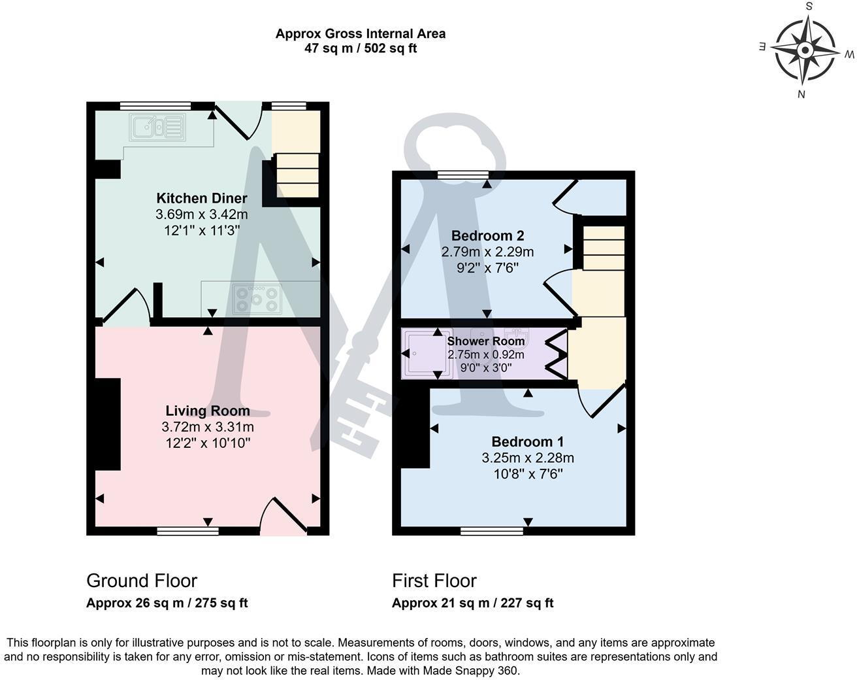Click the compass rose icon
tap(805, 50)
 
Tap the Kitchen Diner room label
tap(201, 198)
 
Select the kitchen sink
tap(157, 127)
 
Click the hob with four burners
tap(257, 298)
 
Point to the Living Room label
tap(207, 411)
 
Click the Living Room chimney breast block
tap(108, 424)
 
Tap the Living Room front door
tap(284, 517)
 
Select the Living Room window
tap(187, 531)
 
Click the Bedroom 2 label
tap(487, 235)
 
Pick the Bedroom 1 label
tap(527, 441)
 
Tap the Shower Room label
tap(485, 341)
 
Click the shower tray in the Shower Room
tap(426, 354)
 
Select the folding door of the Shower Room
tap(557, 354)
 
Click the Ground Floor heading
tap(142, 581)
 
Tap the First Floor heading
tap(434, 581)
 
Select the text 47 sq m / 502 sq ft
tap(361, 48)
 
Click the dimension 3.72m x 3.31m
tap(207, 427)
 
